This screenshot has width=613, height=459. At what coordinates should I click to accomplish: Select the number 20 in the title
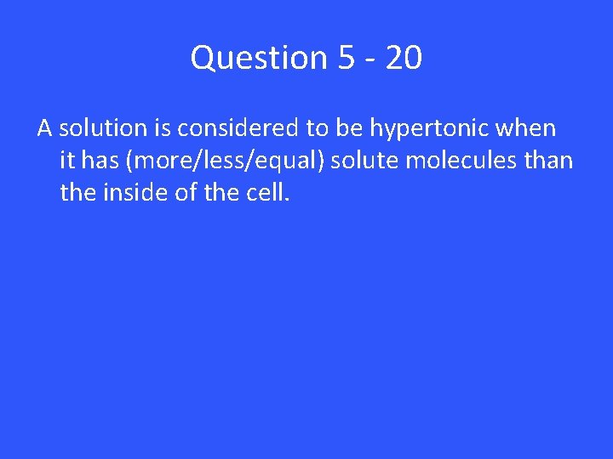click(x=403, y=59)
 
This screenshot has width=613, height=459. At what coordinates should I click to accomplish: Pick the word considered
click(x=236, y=129)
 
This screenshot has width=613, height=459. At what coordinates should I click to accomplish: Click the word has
click(x=98, y=161)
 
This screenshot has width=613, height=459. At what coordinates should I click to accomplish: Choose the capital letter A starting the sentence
click(x=44, y=129)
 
